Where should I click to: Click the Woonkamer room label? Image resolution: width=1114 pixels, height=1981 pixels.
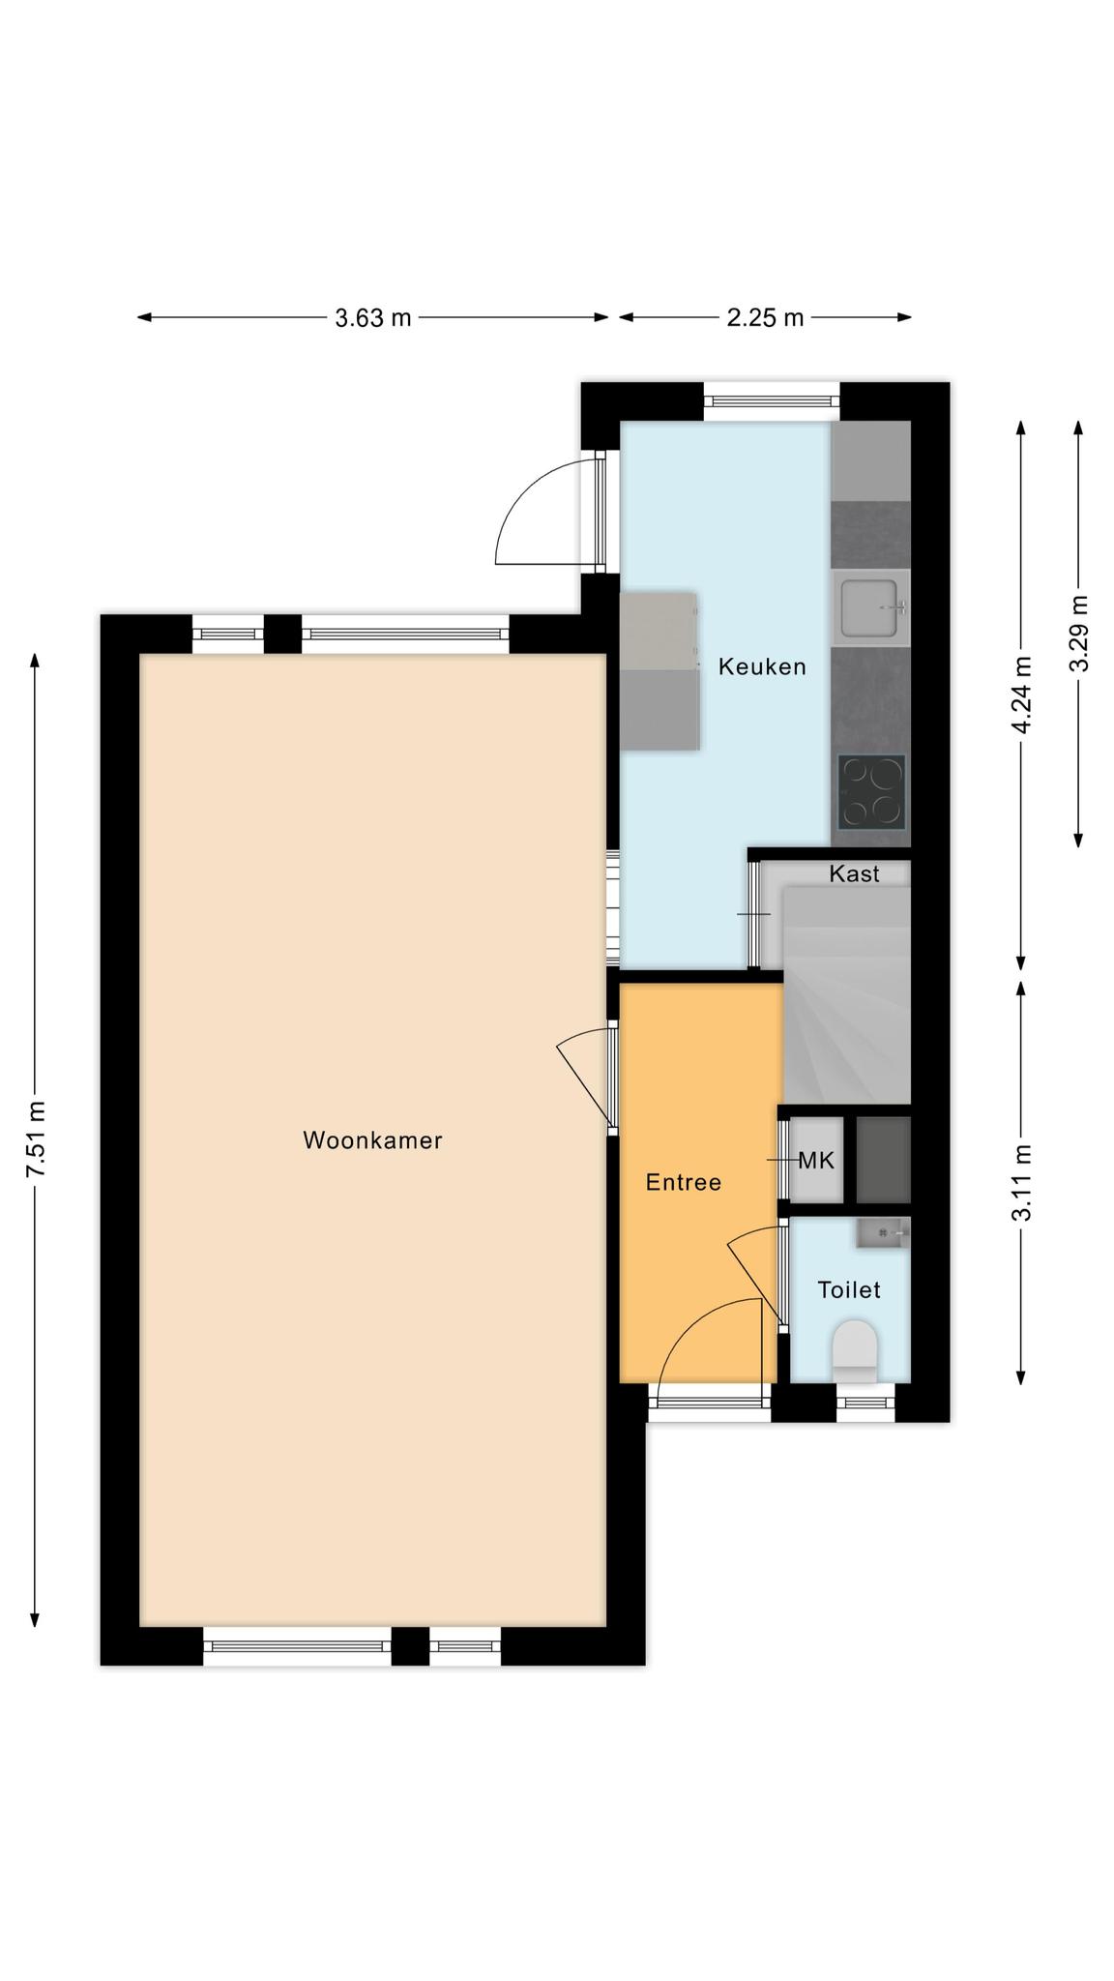(372, 1140)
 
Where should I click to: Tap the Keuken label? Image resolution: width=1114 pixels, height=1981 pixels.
(762, 666)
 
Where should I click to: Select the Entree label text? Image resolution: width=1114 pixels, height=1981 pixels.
(684, 1182)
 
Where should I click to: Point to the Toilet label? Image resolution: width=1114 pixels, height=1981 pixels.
(849, 1289)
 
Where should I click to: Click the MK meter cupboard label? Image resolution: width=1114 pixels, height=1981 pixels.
(816, 1161)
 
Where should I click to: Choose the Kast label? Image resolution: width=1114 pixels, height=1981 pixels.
(855, 873)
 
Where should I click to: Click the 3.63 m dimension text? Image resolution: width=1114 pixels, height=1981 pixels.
(373, 317)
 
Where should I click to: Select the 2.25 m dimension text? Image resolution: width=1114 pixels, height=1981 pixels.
(765, 317)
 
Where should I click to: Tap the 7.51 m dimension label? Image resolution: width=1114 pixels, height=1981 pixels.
(36, 1139)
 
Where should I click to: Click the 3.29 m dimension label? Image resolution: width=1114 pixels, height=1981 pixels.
(1079, 634)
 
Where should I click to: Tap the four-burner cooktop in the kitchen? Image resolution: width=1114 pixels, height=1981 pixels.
(871, 792)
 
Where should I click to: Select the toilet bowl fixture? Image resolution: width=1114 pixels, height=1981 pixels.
(855, 1350)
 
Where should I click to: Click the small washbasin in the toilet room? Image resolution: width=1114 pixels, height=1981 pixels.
(882, 1232)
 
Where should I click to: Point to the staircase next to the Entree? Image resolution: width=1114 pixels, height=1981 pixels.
(847, 994)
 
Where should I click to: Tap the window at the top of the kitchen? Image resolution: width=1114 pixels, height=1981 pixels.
(771, 401)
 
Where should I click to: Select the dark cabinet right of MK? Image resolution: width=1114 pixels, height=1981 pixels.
(884, 1160)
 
